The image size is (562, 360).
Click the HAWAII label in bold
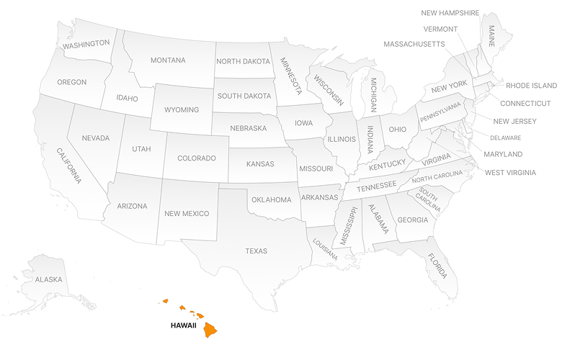click(183, 325)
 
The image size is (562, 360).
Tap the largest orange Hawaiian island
click(210, 330)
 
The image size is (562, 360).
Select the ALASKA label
click(48, 279)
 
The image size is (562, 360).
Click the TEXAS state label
click(256, 251)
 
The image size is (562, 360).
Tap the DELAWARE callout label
click(505, 138)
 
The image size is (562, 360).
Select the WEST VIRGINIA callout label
click(510, 172)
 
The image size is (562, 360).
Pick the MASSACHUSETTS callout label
click(414, 45)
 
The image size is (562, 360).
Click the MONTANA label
click(168, 60)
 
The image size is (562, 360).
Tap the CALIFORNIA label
click(69, 166)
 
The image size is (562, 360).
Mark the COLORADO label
click(197, 158)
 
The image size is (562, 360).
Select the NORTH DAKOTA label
click(242, 62)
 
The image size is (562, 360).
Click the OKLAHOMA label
click(271, 199)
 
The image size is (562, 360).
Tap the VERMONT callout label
click(440, 29)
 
